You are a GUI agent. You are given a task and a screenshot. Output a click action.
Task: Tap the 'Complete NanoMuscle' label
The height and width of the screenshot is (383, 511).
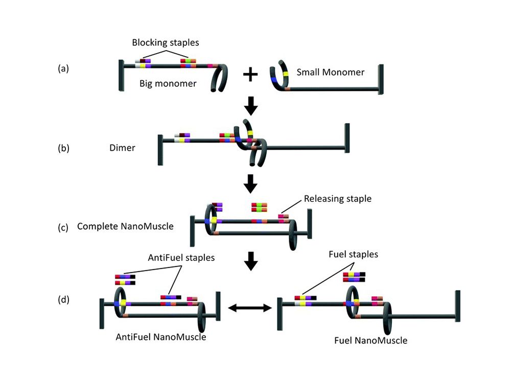click(x=125, y=225)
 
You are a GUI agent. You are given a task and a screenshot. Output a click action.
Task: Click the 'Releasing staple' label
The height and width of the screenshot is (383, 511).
click(x=337, y=198)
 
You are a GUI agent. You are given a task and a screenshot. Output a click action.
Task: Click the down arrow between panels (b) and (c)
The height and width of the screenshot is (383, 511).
click(x=250, y=183)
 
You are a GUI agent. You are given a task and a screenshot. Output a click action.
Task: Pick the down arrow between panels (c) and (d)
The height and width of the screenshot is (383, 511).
click(x=250, y=262)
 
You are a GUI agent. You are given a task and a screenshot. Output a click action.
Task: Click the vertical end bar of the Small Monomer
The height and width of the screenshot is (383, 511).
click(x=380, y=79)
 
